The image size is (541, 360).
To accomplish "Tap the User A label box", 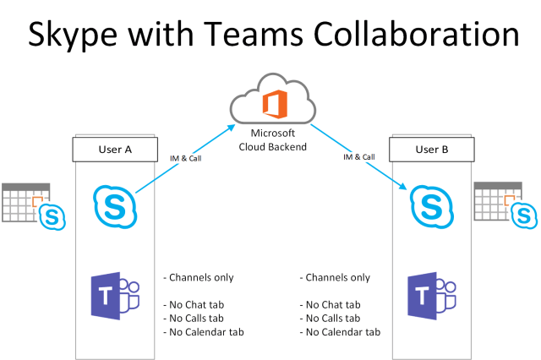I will [x=117, y=150].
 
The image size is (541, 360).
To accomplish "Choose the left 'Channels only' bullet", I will [x=198, y=277].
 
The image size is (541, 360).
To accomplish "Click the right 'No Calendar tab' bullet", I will [x=341, y=331].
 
